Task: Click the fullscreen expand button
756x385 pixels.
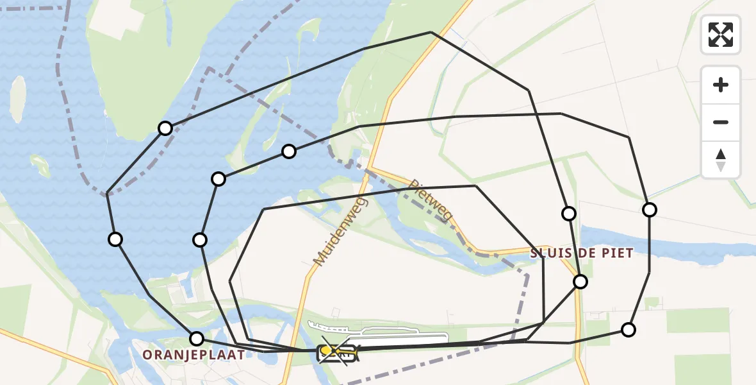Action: (x=721, y=35)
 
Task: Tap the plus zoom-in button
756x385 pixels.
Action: (x=721, y=85)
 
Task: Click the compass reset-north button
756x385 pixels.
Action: (x=721, y=160)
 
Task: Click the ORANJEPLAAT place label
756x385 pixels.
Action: (x=193, y=354)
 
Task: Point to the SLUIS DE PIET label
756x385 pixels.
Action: (x=582, y=253)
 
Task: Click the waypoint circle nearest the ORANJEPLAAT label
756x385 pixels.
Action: (x=197, y=338)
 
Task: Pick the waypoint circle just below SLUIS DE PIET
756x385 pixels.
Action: (x=580, y=281)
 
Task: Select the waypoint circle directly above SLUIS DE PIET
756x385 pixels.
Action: (x=568, y=214)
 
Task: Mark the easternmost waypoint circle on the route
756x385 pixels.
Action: (x=650, y=210)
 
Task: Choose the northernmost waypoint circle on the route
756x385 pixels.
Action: (x=165, y=128)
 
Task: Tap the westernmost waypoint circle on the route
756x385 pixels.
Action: (x=115, y=239)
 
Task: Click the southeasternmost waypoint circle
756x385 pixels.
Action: (x=629, y=330)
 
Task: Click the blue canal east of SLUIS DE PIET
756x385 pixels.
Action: (x=692, y=247)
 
